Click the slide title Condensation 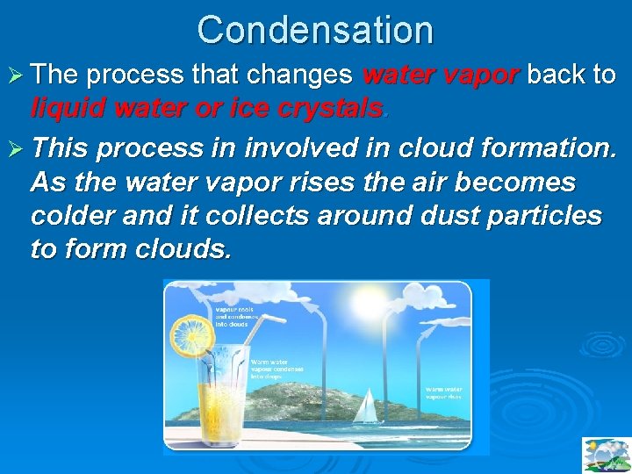[315, 29]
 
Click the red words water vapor [441, 75]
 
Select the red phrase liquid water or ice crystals [207, 108]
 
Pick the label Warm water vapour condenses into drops [277, 370]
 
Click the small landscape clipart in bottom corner [606, 455]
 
